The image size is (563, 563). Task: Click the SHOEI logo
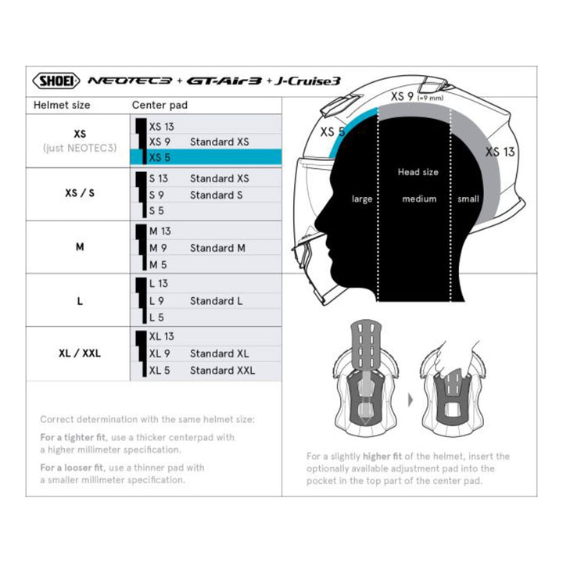pyautogui.click(x=56, y=81)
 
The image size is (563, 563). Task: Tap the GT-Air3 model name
pyautogui.click(x=224, y=81)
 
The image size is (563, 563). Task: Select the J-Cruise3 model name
pyautogui.click(x=307, y=81)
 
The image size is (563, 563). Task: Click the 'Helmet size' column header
pyautogui.click(x=62, y=106)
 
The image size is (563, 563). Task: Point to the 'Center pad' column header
pyautogui.click(x=160, y=106)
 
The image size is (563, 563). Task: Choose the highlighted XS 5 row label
pyautogui.click(x=160, y=157)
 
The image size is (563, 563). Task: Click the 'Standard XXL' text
pyautogui.click(x=222, y=370)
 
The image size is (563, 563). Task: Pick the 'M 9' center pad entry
pyautogui.click(x=158, y=248)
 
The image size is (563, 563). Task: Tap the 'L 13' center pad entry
pyautogui.click(x=158, y=284)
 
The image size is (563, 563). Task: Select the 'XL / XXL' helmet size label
pyautogui.click(x=80, y=353)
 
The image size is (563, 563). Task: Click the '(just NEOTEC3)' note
pyautogui.click(x=80, y=148)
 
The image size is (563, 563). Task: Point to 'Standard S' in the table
pyautogui.click(x=216, y=195)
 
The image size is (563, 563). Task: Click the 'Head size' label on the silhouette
pyautogui.click(x=418, y=172)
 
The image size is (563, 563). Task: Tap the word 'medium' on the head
pyautogui.click(x=419, y=199)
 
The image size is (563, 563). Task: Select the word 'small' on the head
pyautogui.click(x=468, y=199)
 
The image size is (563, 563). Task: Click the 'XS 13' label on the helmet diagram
pyautogui.click(x=500, y=152)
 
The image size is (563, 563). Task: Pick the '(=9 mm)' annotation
pyautogui.click(x=431, y=98)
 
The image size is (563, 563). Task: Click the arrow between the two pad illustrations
pyautogui.click(x=411, y=400)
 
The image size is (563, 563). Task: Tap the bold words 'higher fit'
pyautogui.click(x=382, y=457)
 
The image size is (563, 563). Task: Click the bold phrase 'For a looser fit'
pyautogui.click(x=71, y=468)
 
